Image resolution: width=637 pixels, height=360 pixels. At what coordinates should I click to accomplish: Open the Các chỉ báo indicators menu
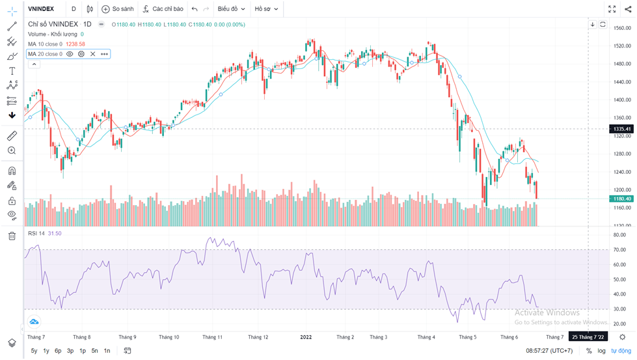163,9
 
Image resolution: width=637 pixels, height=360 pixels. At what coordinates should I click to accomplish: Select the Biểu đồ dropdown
231,9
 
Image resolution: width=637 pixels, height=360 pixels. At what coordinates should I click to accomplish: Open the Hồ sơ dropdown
265,9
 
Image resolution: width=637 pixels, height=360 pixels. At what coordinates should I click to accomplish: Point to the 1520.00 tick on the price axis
623,46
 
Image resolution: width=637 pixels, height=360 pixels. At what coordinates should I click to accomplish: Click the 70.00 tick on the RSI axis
620,249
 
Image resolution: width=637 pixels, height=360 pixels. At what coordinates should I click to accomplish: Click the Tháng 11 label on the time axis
212,337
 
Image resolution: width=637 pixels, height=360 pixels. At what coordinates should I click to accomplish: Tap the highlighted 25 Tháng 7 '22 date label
588,337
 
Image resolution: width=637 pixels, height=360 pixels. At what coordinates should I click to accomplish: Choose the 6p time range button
58,351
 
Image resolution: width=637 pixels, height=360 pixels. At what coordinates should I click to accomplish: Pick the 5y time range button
34,351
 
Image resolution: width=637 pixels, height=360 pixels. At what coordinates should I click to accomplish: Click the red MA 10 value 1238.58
75,44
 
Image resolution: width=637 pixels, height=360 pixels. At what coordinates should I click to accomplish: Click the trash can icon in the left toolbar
12,236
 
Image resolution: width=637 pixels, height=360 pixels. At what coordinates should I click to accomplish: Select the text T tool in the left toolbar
12,71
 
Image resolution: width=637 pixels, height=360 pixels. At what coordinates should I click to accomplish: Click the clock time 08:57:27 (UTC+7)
549,351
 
